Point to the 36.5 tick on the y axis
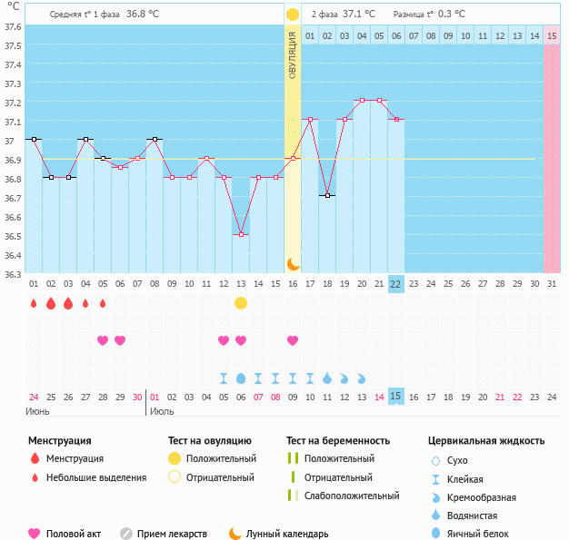(x=13, y=236)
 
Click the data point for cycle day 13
(x=241, y=235)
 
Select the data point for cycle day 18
(x=327, y=195)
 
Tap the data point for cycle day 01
(x=34, y=139)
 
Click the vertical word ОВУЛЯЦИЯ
(x=293, y=54)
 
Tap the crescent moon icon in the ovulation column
(x=293, y=263)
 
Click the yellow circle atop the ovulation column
(x=293, y=15)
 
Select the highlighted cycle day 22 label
(x=395, y=283)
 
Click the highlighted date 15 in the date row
(x=395, y=396)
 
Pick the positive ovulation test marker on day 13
(x=241, y=303)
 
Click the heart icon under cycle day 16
(x=293, y=340)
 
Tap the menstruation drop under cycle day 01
(x=34, y=303)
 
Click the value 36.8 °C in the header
(x=142, y=15)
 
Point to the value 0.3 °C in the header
(x=452, y=15)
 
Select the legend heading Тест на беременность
(x=337, y=440)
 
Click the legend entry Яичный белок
(x=484, y=535)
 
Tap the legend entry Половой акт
(x=69, y=535)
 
